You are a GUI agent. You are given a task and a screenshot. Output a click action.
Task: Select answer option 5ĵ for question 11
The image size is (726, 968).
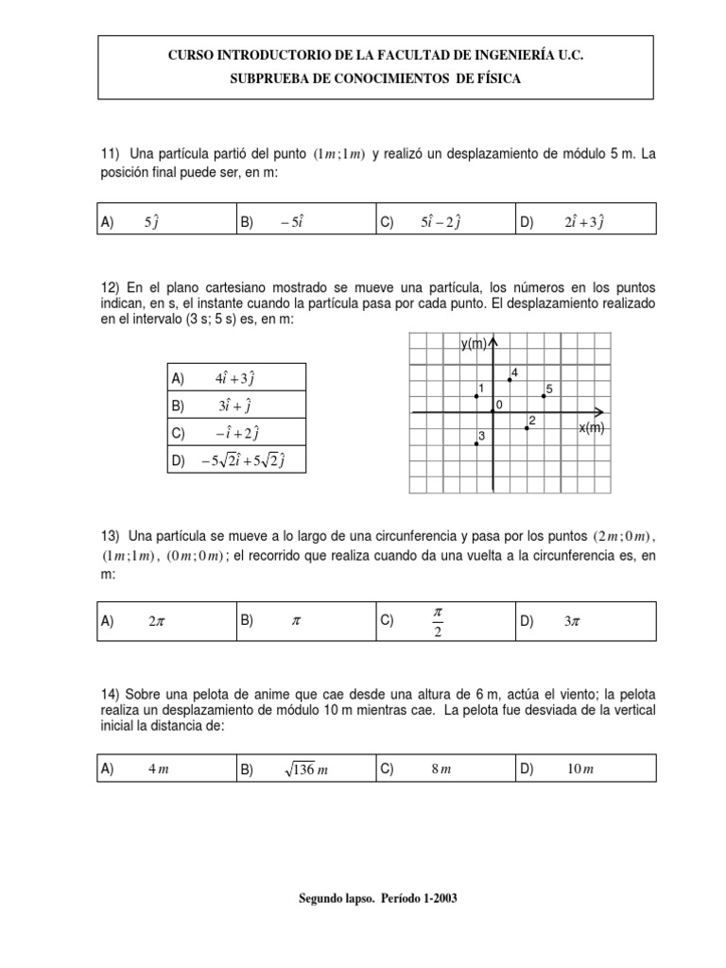point(150,222)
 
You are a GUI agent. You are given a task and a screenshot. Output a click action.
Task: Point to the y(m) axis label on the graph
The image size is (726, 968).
point(473,344)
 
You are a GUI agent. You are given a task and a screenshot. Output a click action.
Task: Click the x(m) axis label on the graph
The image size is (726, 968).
point(592,427)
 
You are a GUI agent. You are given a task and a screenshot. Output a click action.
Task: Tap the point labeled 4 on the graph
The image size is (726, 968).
point(510,379)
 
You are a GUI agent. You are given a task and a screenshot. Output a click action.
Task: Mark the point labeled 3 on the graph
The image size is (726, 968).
point(476,443)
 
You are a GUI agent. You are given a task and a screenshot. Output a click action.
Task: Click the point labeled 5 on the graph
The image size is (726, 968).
point(544,396)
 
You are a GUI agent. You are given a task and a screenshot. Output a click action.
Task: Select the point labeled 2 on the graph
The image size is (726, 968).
point(527,427)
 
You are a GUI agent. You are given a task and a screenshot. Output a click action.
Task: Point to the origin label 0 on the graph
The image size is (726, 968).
point(499,405)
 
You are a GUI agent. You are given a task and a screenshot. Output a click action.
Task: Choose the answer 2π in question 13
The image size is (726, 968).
point(155,621)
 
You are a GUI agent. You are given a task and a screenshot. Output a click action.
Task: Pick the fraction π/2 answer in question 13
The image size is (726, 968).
point(438,621)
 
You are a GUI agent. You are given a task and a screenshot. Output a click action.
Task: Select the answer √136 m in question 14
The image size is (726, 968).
point(304,769)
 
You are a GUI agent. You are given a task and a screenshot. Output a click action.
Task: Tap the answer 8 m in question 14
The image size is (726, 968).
point(441,770)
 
